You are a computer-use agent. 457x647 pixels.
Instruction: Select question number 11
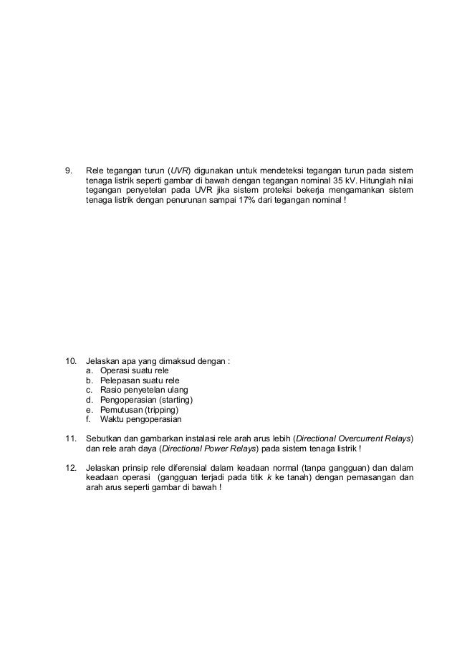coord(70,437)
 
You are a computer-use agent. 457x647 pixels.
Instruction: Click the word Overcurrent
coord(362,437)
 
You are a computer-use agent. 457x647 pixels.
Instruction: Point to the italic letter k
coord(269,477)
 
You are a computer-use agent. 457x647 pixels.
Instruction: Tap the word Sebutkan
coord(104,437)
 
